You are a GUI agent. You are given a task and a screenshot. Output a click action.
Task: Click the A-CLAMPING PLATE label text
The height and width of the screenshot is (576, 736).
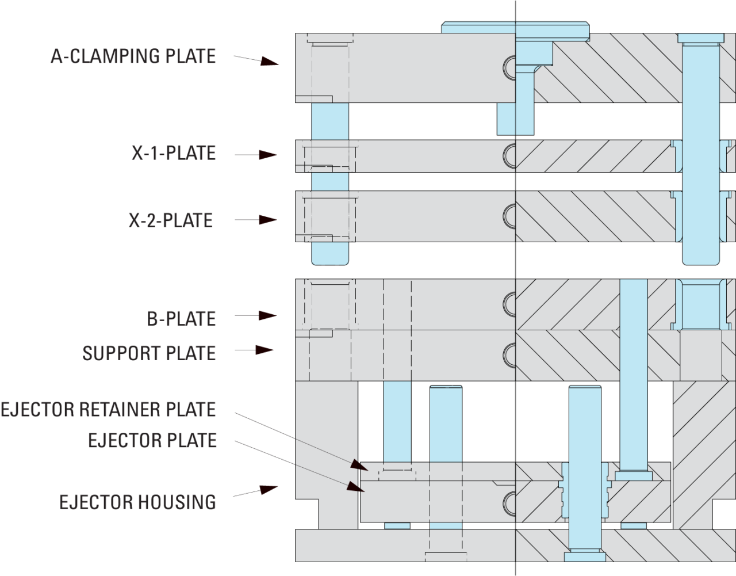pos(133,56)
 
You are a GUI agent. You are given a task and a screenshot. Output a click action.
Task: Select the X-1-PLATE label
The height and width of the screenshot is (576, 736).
pos(174,153)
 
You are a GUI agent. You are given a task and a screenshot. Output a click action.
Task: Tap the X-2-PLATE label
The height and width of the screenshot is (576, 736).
pos(171,220)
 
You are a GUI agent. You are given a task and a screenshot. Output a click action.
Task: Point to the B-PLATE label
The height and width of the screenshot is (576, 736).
pos(181,318)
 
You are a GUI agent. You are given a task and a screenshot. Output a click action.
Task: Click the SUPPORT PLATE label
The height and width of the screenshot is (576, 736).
pos(149,353)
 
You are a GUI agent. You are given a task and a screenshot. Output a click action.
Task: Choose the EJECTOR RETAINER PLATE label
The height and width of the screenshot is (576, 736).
pos(108,410)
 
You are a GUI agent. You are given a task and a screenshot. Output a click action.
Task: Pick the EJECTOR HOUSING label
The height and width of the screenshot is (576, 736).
pos(137,502)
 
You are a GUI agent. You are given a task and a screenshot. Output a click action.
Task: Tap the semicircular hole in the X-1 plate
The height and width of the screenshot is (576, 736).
pos(509,155)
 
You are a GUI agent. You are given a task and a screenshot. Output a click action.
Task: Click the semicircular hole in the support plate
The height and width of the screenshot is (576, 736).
pos(509,353)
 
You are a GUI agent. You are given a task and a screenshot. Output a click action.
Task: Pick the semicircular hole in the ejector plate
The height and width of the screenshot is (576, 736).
pos(509,502)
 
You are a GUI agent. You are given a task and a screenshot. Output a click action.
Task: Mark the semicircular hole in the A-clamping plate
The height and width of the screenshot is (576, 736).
pos(509,67)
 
